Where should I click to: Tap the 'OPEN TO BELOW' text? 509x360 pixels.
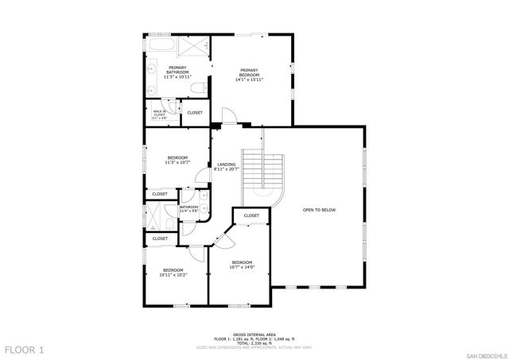(319, 210)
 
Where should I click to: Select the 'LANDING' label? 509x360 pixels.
(227, 165)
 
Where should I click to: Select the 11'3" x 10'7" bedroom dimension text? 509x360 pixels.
(177, 163)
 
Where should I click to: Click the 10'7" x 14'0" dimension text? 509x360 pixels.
(242, 267)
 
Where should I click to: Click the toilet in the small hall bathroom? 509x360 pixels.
(204, 211)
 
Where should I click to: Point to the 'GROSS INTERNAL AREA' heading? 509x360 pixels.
(254, 334)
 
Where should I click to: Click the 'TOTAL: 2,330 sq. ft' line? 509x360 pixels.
(254, 343)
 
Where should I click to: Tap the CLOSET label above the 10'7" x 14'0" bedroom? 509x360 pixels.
(251, 215)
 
